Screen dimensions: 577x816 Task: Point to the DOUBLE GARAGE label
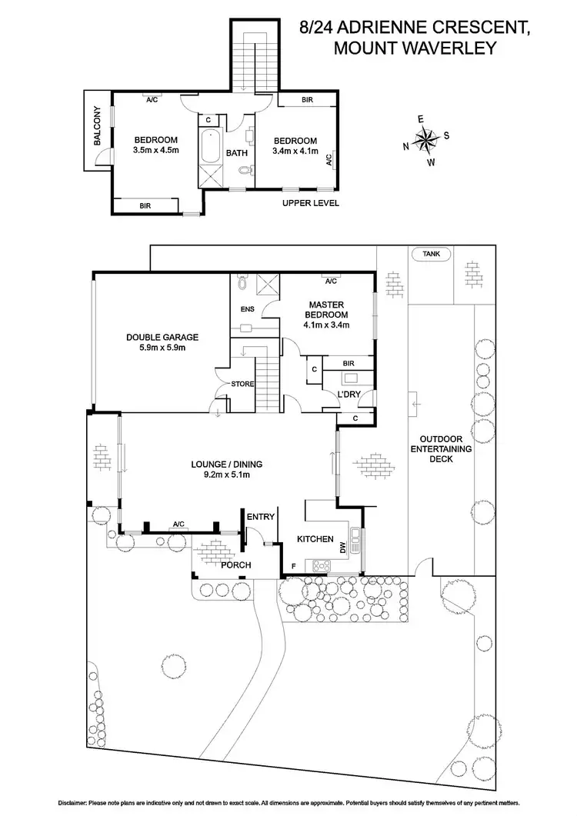(x=163, y=337)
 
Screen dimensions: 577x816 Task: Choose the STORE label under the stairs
(x=242, y=383)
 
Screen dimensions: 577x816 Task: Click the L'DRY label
(x=349, y=395)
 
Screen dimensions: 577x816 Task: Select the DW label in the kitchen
(x=343, y=548)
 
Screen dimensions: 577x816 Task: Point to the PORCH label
(x=236, y=565)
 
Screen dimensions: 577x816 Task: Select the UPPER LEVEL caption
(x=310, y=204)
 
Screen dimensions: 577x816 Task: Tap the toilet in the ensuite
(x=243, y=284)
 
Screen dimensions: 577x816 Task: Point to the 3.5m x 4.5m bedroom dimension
(x=156, y=150)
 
